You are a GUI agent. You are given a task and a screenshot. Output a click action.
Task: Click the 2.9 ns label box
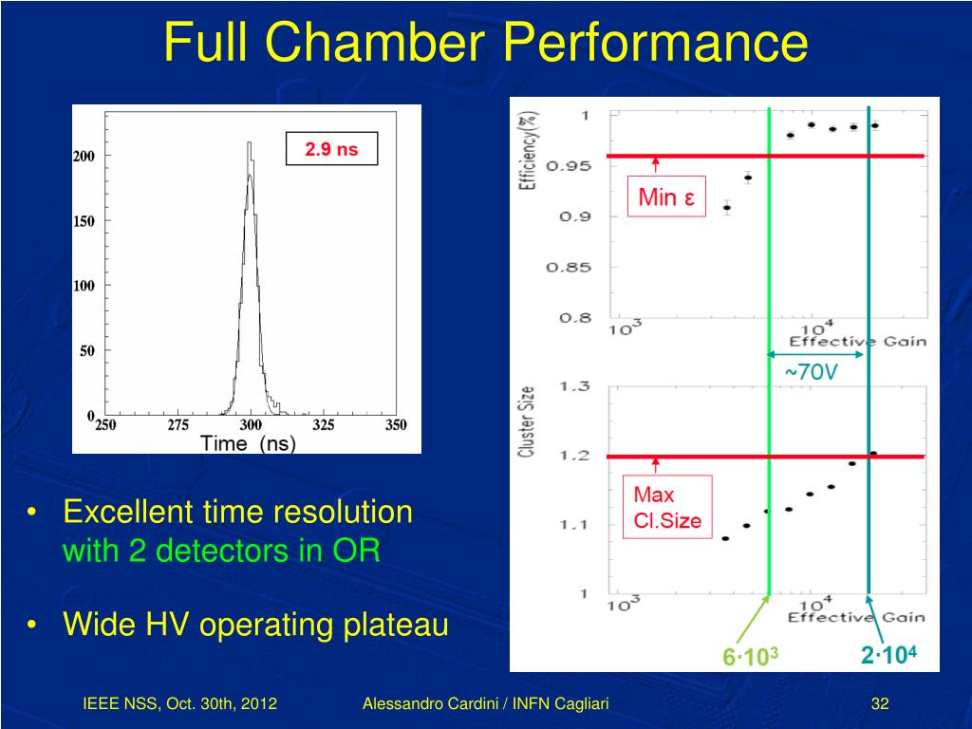click(x=331, y=149)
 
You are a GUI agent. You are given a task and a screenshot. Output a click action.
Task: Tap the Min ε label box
click(x=666, y=197)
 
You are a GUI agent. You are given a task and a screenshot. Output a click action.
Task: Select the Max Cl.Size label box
click(x=666, y=506)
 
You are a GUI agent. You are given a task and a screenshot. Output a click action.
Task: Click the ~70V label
click(x=811, y=372)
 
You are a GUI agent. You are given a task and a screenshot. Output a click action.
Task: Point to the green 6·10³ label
click(x=750, y=656)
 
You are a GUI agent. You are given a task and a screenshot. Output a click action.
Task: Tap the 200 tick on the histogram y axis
click(x=84, y=156)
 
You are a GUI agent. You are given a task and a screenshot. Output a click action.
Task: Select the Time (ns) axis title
click(x=248, y=443)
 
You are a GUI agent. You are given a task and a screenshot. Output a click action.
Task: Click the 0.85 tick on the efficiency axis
click(x=569, y=268)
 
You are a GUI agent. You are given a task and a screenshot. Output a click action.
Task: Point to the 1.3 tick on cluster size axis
click(x=575, y=386)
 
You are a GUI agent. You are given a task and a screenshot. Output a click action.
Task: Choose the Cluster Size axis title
click(x=526, y=422)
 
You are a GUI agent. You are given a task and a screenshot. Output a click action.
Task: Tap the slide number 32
click(x=879, y=703)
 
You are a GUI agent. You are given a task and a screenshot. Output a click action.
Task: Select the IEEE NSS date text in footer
click(x=179, y=703)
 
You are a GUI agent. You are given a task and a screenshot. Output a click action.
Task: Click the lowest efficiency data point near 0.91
click(x=726, y=208)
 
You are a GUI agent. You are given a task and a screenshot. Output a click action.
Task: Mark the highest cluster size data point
click(x=873, y=454)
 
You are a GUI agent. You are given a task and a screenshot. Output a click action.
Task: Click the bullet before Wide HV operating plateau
click(x=32, y=626)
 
